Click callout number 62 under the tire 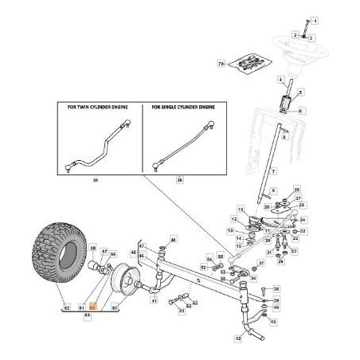click(66, 305)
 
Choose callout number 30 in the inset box click(178, 181)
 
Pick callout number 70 click(221, 61)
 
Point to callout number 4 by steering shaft click(280, 81)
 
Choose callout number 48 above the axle click(174, 240)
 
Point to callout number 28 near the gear click(297, 190)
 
